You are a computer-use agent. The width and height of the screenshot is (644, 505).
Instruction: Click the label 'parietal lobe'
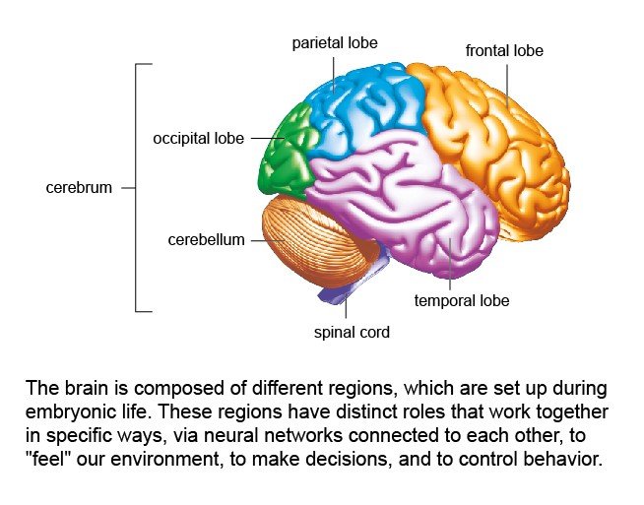(x=334, y=43)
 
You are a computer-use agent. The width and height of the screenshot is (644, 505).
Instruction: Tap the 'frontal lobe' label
(x=504, y=50)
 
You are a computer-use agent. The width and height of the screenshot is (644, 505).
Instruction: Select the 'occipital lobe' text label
(x=198, y=139)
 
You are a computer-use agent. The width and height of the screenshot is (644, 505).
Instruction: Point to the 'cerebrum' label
(x=79, y=187)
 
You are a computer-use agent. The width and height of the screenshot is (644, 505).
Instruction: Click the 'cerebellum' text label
(x=206, y=239)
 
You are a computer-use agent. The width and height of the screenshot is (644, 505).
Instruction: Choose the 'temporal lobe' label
(x=462, y=300)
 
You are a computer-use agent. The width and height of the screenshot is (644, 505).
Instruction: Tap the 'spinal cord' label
(x=352, y=332)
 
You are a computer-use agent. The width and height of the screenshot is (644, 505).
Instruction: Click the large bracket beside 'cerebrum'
(x=137, y=187)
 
